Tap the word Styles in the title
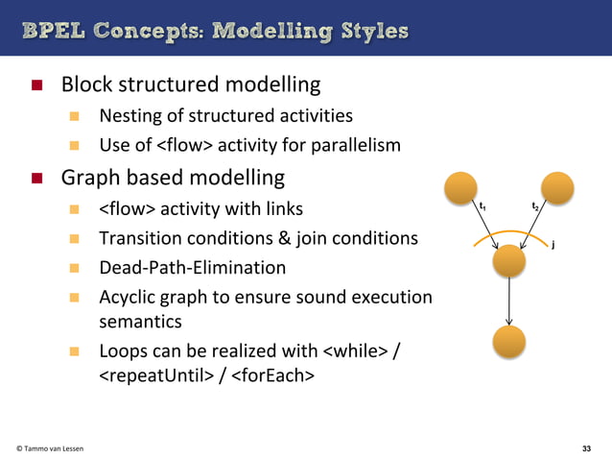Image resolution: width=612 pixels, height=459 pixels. click(370, 31)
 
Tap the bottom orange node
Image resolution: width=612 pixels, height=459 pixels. click(508, 343)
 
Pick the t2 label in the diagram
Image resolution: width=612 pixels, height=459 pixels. click(535, 207)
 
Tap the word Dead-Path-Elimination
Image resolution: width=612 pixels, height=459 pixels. click(193, 267)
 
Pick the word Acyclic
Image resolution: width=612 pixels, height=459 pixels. click(129, 297)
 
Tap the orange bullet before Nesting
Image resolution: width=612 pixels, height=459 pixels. click(75, 117)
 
